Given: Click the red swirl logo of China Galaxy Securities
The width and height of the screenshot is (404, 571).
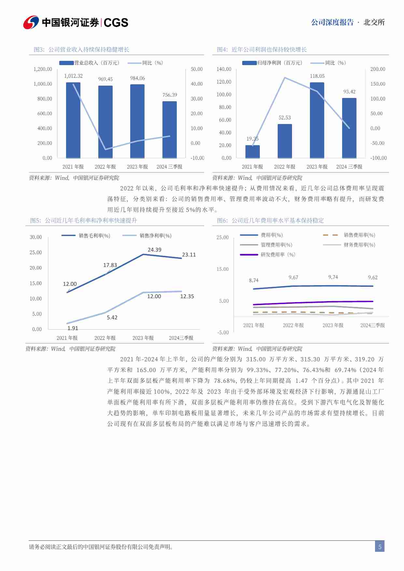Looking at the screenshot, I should click(x=31, y=22).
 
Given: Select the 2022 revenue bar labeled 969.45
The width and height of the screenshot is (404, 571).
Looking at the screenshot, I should click(x=105, y=122).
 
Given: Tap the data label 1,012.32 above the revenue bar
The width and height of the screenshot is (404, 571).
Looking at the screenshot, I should click(x=73, y=76).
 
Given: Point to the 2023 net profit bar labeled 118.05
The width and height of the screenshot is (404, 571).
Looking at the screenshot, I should click(x=317, y=120).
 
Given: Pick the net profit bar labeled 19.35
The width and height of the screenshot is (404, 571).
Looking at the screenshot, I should click(x=253, y=152).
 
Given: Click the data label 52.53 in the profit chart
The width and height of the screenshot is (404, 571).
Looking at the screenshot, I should click(x=285, y=118).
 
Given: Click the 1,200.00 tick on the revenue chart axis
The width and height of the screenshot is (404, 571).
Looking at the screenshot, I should click(x=43, y=69).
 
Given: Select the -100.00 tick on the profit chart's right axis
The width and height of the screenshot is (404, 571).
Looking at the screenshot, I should click(x=378, y=158).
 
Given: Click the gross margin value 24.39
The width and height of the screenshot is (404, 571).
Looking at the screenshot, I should click(x=154, y=250).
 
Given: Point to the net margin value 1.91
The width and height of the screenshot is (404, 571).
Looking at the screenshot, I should click(x=73, y=328).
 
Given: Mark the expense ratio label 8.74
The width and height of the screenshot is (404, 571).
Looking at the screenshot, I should click(x=254, y=281).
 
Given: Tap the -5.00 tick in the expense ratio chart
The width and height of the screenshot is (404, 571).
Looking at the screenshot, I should click(x=223, y=333).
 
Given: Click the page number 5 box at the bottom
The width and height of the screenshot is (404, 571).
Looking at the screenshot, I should click(x=380, y=547).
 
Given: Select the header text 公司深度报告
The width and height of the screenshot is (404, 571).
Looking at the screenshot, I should click(x=332, y=22).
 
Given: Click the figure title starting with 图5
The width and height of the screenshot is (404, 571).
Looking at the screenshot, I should click(x=83, y=221).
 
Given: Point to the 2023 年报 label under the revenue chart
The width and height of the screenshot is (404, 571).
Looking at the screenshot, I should click(x=137, y=167).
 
